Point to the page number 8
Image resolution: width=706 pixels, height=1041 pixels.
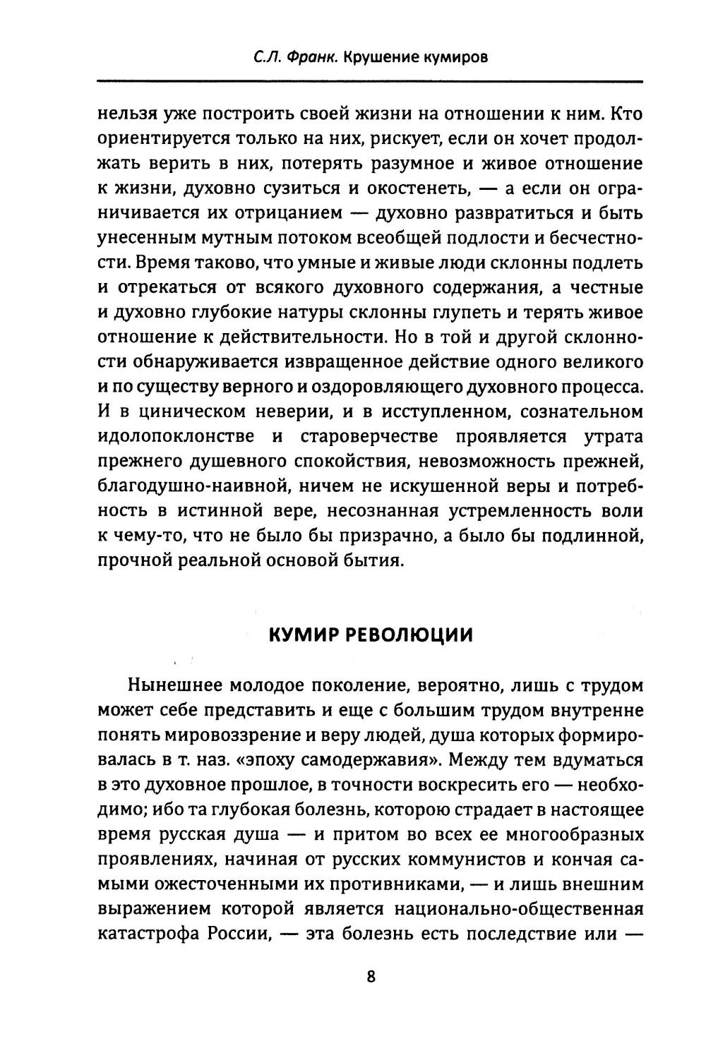371,977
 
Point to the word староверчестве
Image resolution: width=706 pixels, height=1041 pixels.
369,436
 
